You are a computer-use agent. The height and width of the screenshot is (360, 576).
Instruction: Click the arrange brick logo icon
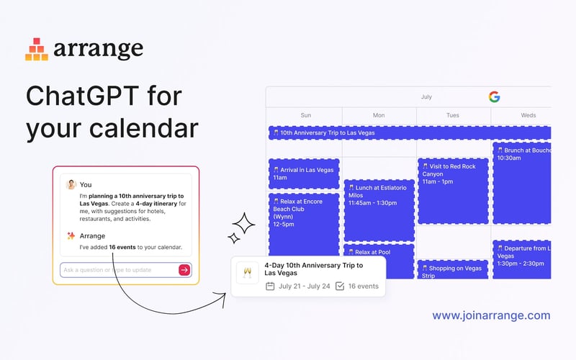pos(37,49)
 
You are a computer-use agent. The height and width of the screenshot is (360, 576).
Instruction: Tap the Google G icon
pos(494,96)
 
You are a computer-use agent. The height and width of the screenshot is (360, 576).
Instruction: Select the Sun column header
pos(305,115)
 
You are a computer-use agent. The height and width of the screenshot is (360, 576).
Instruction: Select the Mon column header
pos(379,115)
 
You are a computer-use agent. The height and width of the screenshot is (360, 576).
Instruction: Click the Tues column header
pos(453,115)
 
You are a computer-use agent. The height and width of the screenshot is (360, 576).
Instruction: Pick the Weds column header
pos(528,115)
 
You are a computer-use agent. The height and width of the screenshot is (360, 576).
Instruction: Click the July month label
pos(426,96)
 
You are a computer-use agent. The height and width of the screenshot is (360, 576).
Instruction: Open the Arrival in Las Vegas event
pos(304,174)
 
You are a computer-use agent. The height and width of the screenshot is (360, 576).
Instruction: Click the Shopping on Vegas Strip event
pos(453,271)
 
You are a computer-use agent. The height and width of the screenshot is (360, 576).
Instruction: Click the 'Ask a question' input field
pos(118,270)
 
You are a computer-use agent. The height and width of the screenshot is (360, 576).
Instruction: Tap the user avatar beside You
pos(71,184)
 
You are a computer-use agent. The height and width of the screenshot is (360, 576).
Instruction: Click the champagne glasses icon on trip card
pos(248,273)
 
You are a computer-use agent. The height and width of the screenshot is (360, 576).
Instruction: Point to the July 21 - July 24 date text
pos(304,286)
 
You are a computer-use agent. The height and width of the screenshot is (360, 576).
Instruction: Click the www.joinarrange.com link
pos(491,315)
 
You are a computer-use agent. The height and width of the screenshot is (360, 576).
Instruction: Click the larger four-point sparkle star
pos(244,225)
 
